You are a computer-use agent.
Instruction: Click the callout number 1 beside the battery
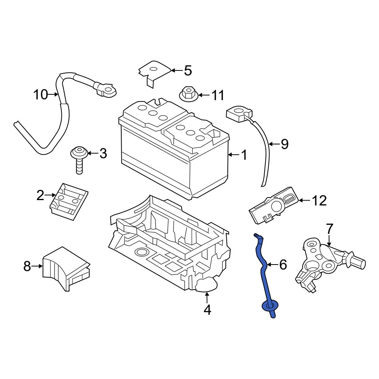point(244,155)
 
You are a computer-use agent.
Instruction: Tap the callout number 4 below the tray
point(207,310)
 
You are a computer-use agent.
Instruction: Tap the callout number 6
point(283,265)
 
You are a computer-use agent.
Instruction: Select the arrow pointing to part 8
point(37,266)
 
